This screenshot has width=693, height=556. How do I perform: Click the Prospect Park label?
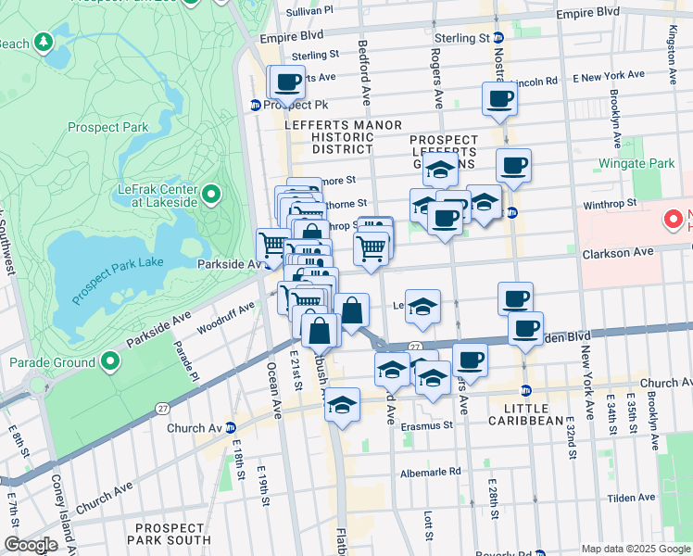click(x=107, y=127)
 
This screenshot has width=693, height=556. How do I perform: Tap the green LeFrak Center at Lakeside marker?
click(x=211, y=194)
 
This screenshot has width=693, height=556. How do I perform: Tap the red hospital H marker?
click(x=674, y=221)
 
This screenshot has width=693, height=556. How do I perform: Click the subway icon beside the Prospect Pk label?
click(x=255, y=105)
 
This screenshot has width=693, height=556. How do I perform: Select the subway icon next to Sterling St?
click(x=498, y=38)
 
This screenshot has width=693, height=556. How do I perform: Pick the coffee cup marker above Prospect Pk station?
click(x=288, y=82)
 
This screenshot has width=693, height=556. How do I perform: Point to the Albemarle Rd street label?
click(x=430, y=471)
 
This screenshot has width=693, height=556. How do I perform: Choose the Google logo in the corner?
click(x=31, y=545)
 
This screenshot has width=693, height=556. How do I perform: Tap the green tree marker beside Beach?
click(x=43, y=43)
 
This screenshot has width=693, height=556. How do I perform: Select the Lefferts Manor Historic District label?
click(x=343, y=137)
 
